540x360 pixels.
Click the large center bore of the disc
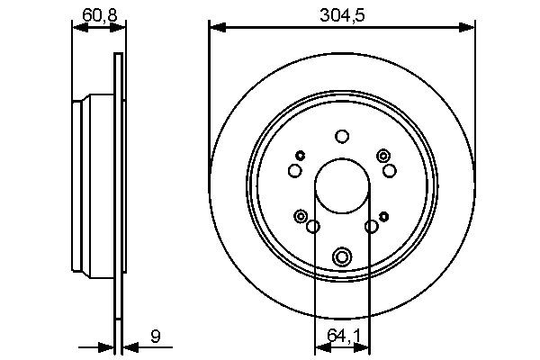[x=341, y=186]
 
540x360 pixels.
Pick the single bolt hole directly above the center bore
[x=341, y=137]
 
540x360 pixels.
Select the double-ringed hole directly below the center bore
[x=341, y=257]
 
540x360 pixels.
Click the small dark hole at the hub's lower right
[x=384, y=216]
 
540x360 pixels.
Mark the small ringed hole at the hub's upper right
[x=384, y=155]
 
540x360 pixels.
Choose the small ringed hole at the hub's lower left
[x=300, y=216]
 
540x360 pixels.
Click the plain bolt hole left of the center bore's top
[x=294, y=171]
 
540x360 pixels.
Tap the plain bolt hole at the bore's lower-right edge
[x=371, y=227]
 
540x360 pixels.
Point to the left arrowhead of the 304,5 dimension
[x=214, y=28]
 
